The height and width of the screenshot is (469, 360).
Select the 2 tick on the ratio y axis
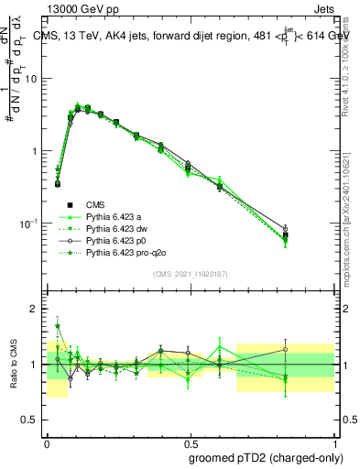(35, 309)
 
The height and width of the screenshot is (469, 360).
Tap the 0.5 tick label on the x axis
(191, 440)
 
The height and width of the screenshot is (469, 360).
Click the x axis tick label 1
(333, 440)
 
